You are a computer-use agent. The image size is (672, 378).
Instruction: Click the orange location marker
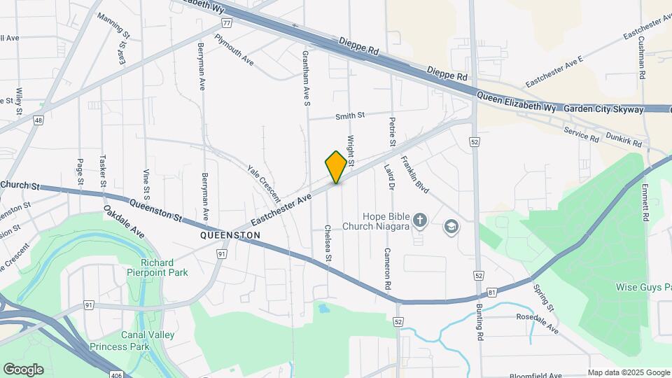tap(336, 167)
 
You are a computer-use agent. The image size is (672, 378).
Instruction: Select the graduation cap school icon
tap(451, 227)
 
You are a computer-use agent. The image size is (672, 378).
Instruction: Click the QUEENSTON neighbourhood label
tap(230, 236)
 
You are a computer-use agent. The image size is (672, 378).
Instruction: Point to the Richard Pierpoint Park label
tap(159, 268)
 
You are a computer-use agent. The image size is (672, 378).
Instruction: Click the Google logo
tap(23, 370)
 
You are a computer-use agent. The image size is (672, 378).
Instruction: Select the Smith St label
tap(350, 115)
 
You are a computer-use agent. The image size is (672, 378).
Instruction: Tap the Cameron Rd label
tap(386, 269)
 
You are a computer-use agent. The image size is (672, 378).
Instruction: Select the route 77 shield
tap(227, 22)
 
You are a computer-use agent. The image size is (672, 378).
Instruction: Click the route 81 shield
tap(493, 292)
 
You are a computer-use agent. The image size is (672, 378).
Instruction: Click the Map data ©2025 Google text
tap(628, 372)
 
